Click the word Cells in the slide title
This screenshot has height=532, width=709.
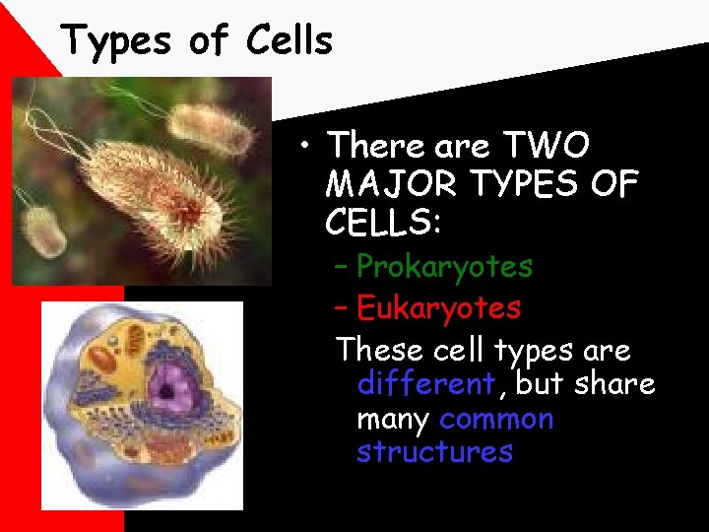(290, 40)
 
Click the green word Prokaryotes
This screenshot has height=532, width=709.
(444, 266)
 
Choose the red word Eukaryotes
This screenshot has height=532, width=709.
(438, 307)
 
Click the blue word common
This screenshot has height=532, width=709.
(496, 419)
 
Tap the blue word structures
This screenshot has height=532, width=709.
(434, 452)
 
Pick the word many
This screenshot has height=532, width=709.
(393, 420)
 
